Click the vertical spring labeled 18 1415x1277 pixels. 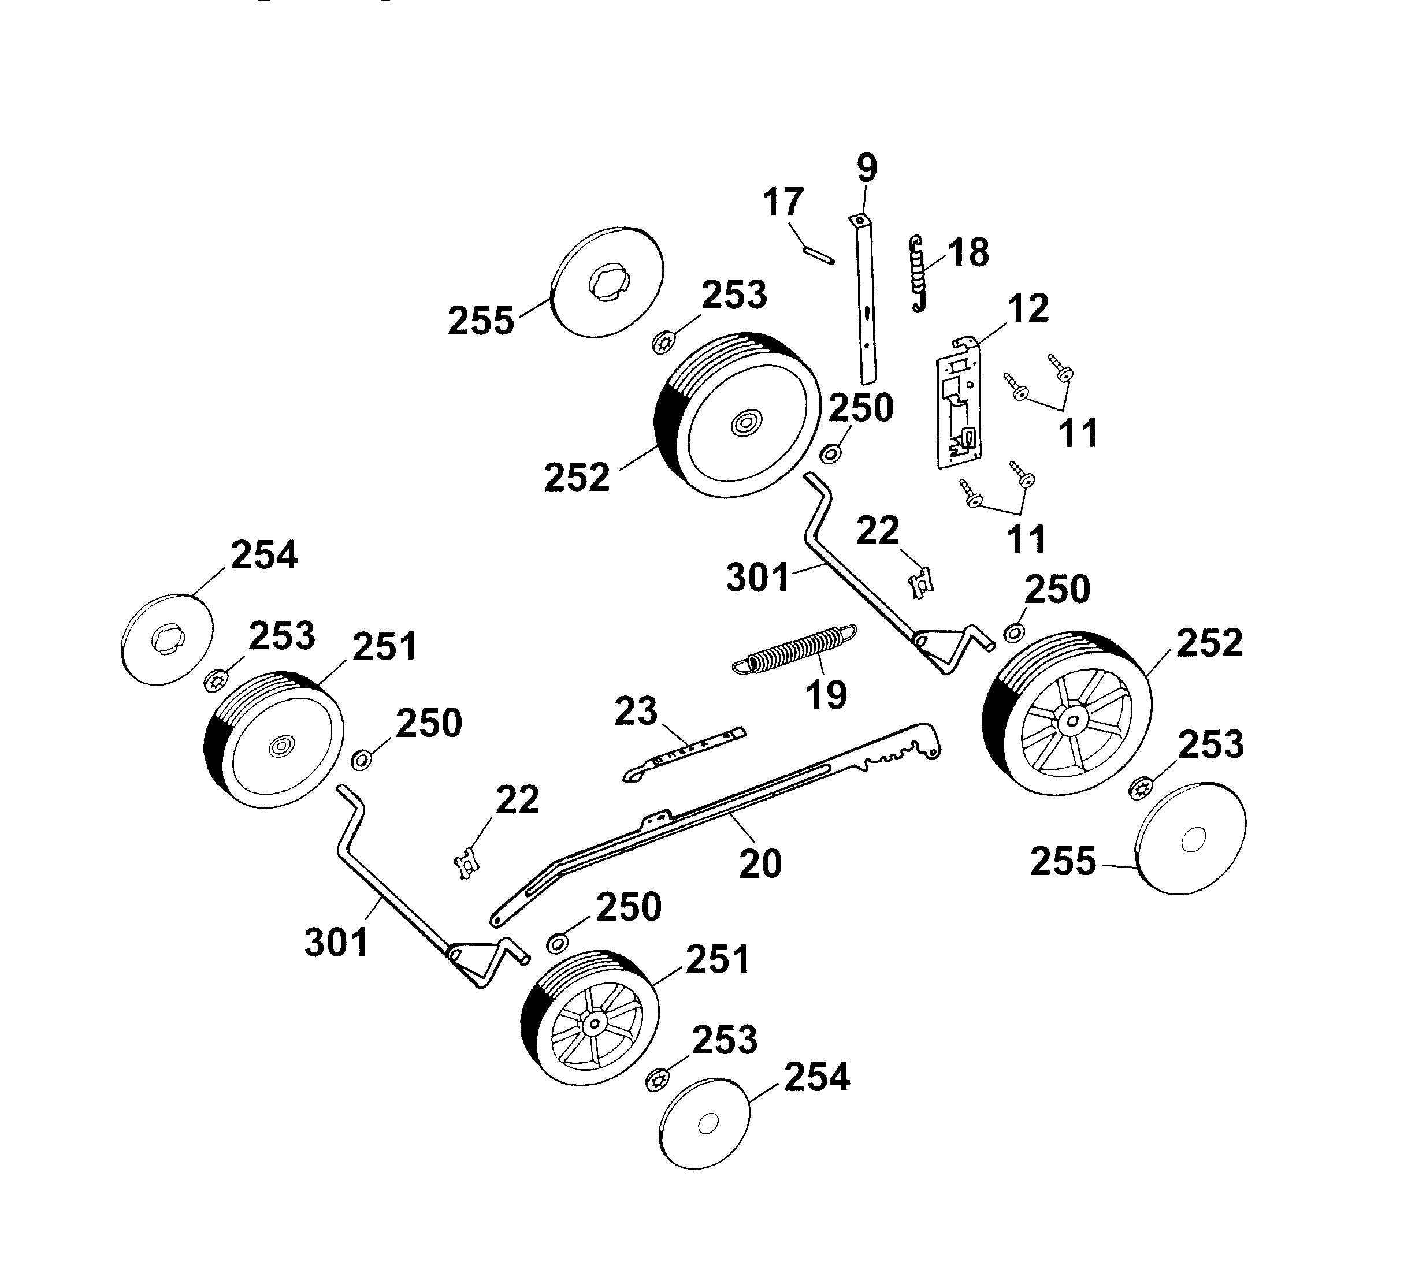[x=917, y=274]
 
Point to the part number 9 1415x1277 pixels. [x=867, y=169]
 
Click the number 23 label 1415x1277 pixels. [x=636, y=712]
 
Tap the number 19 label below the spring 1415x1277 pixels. [x=826, y=695]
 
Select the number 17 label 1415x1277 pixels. [x=782, y=202]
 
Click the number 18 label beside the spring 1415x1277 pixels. [x=968, y=252]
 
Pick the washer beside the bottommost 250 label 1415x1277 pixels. [x=556, y=943]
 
